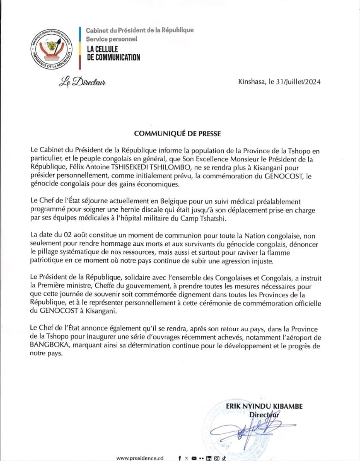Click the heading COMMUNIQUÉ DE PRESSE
177,134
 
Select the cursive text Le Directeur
82,82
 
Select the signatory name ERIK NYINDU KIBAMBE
265,406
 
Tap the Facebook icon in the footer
179,458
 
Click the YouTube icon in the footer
194,458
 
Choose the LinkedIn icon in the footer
208,458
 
